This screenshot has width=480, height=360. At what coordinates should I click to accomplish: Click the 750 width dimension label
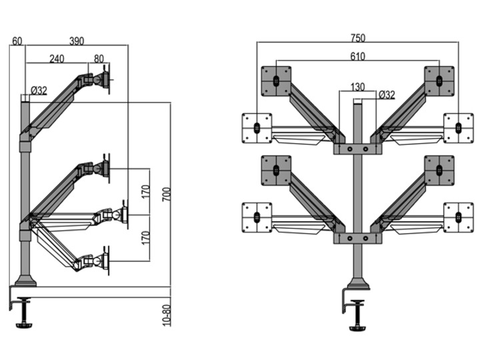tap(357, 39)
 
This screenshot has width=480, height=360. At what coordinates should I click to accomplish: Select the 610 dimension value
tap(357, 57)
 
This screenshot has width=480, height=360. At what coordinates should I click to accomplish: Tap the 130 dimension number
tap(357, 87)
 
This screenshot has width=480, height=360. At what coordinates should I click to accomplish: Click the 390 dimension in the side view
tap(77, 41)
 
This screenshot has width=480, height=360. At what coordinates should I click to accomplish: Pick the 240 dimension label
tap(57, 59)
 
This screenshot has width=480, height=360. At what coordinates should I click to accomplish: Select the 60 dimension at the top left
tap(17, 41)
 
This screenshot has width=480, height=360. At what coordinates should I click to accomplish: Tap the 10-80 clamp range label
tap(166, 316)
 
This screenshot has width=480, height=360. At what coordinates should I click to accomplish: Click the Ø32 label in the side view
tap(38, 90)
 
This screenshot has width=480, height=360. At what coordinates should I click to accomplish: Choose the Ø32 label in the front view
tap(387, 95)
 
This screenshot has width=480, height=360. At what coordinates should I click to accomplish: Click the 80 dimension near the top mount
tap(99, 59)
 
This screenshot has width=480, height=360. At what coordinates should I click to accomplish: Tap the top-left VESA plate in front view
tap(275, 80)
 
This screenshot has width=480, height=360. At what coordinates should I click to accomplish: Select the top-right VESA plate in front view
tap(439, 80)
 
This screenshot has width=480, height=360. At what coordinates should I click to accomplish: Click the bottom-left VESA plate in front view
tap(256, 217)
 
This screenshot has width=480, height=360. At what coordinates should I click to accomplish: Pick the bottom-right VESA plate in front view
tap(459, 217)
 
